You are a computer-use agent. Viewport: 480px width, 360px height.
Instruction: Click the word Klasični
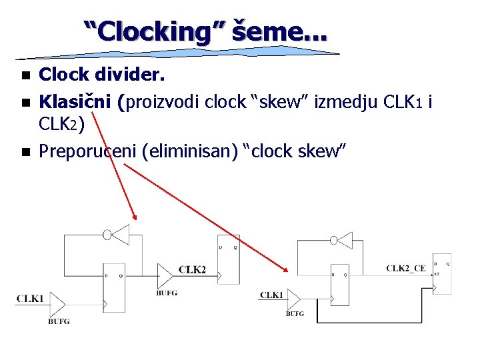point(75,103)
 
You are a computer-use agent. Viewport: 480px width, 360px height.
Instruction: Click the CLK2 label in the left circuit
point(192,270)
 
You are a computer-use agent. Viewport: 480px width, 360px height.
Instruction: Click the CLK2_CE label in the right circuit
point(405,269)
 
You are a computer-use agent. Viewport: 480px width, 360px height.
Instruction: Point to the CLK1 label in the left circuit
point(30,299)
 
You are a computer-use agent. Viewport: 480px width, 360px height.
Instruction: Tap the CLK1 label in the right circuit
point(271,295)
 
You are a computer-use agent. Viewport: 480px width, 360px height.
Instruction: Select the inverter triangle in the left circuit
point(121,235)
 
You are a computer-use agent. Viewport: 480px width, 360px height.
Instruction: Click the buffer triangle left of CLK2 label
point(165,274)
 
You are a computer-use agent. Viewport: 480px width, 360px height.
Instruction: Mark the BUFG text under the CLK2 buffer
point(167,293)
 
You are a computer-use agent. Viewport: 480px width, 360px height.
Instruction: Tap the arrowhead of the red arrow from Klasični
point(135,216)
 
